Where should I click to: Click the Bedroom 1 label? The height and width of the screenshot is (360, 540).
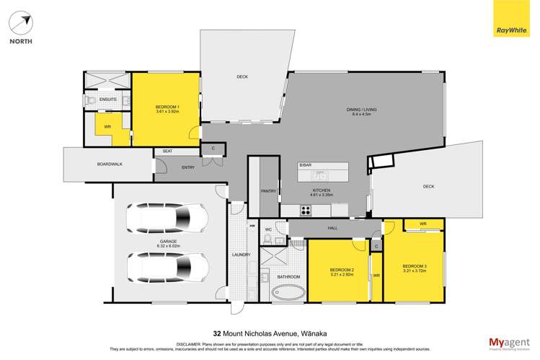(167, 107)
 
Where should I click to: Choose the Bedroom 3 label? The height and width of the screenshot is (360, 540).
(415, 266)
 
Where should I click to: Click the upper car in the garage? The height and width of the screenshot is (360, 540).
(167, 216)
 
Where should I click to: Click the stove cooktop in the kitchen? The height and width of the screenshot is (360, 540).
(305, 211)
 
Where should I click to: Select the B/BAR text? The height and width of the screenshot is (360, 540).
(305, 166)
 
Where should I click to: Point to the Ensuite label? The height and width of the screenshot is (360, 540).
(109, 100)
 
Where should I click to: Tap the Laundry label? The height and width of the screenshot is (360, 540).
(241, 255)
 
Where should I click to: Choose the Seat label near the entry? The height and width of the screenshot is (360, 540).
(167, 151)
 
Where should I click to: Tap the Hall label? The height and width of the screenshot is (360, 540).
(332, 228)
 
